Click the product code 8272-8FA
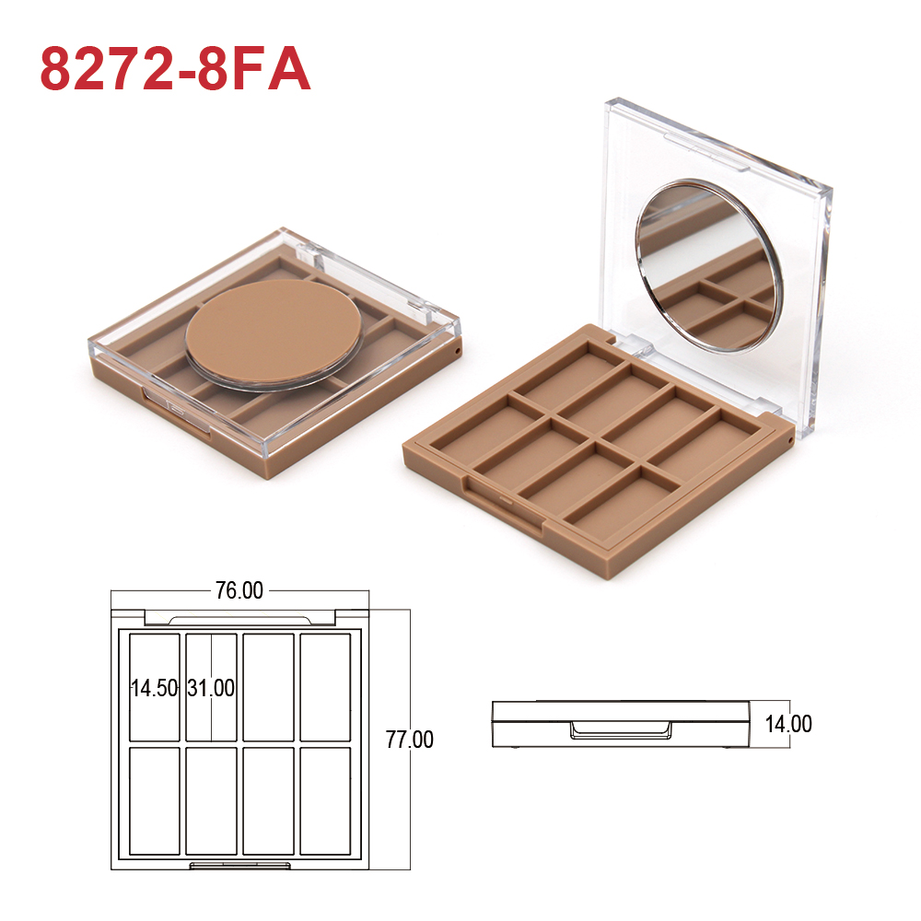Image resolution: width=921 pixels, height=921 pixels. [x=175, y=69]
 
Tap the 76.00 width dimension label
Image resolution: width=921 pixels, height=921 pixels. [x=239, y=590]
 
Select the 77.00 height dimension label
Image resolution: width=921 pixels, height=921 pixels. [x=410, y=740]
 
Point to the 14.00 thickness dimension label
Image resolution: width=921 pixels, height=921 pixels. [x=788, y=724]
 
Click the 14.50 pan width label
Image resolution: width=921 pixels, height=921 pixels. [x=154, y=688]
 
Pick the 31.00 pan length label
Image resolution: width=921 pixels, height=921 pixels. [x=211, y=688]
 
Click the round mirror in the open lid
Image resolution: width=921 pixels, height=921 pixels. [x=709, y=265]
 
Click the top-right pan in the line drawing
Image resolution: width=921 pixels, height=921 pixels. [x=325, y=687]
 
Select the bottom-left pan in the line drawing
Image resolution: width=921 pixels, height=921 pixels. [x=155, y=800]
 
